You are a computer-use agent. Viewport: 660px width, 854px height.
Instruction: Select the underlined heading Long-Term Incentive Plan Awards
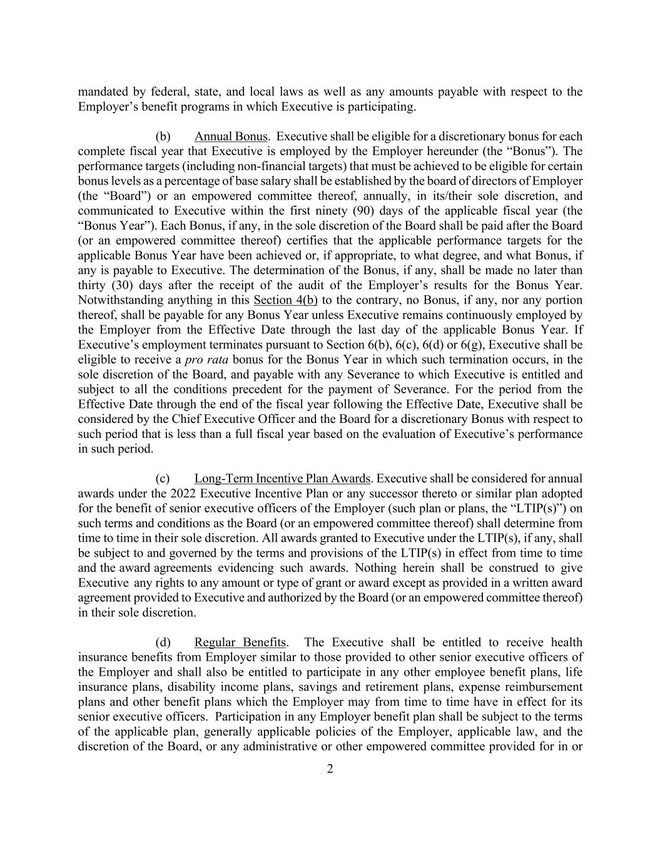(x=282, y=479)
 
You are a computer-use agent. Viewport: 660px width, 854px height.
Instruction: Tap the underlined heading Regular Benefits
(x=240, y=643)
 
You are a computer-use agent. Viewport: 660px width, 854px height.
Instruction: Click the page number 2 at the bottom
(x=330, y=769)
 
